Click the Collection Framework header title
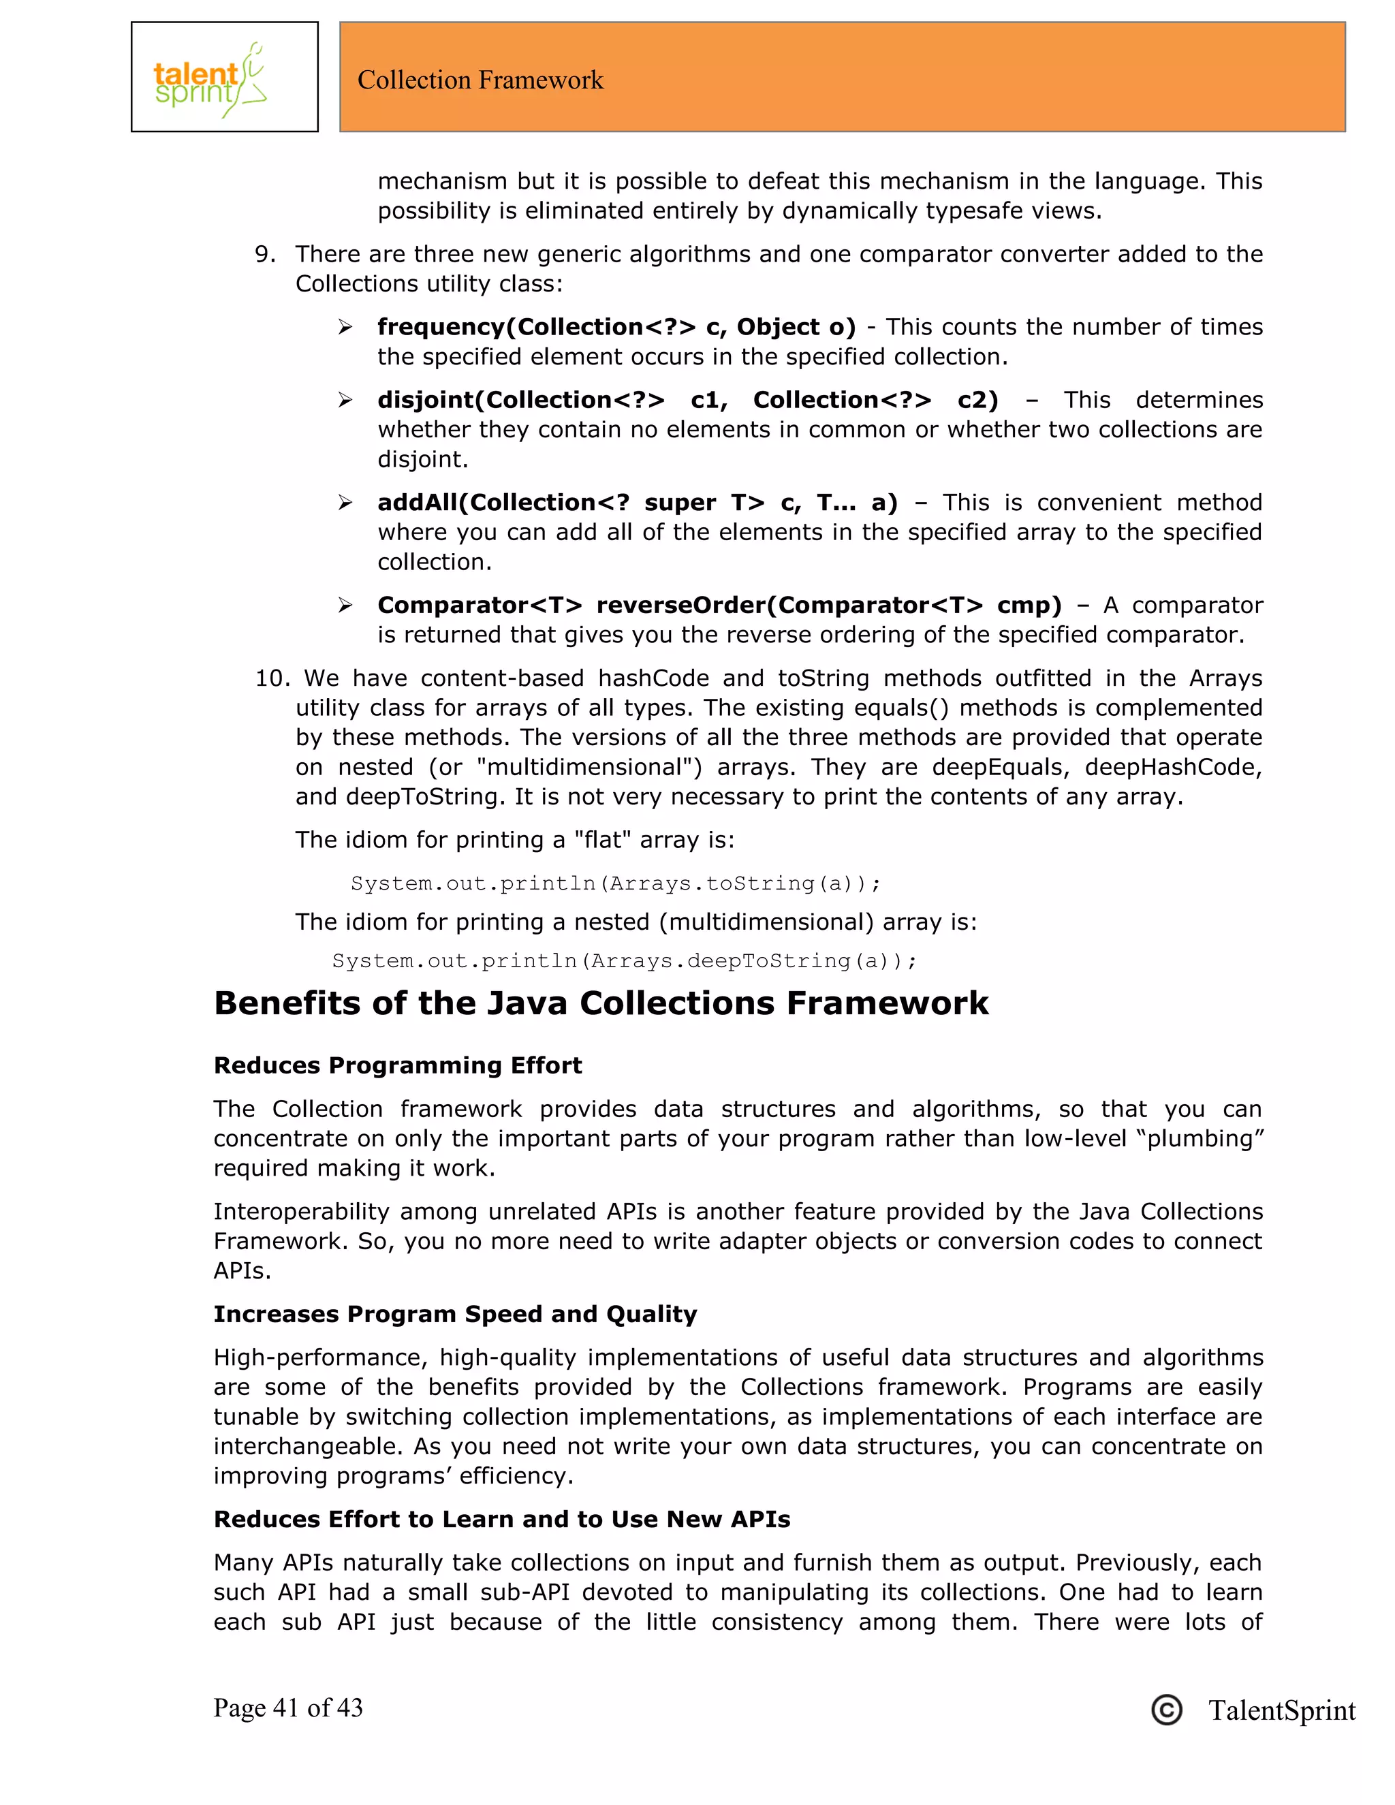[x=480, y=80]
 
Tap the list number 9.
[x=264, y=254]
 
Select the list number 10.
[x=270, y=678]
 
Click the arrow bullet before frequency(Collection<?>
[x=345, y=327]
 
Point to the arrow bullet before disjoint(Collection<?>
[x=345, y=400]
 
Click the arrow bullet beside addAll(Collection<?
[x=345, y=503]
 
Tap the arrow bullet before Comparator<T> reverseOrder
[x=345, y=605]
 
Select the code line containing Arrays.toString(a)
[x=616, y=883]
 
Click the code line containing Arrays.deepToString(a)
[x=624, y=960]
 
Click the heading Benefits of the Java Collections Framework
[x=601, y=1003]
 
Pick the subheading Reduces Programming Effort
[x=398, y=1065]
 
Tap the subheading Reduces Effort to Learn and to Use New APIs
[x=501, y=1519]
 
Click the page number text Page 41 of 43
[x=287, y=1708]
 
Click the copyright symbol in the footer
[x=1166, y=1710]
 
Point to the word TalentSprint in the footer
[x=1281, y=1710]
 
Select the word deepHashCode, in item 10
[x=1174, y=767]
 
